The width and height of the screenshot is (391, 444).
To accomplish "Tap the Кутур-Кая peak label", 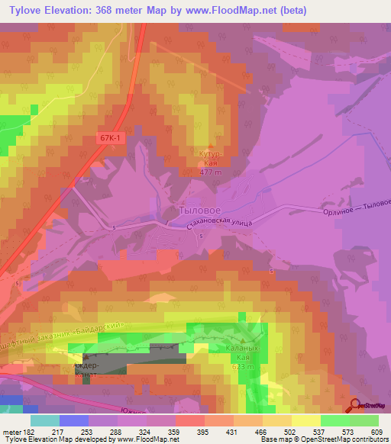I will (x=209, y=158).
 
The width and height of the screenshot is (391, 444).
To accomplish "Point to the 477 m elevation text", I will (x=209, y=173).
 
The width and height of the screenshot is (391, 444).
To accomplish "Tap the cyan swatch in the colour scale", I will (x=45, y=420).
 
